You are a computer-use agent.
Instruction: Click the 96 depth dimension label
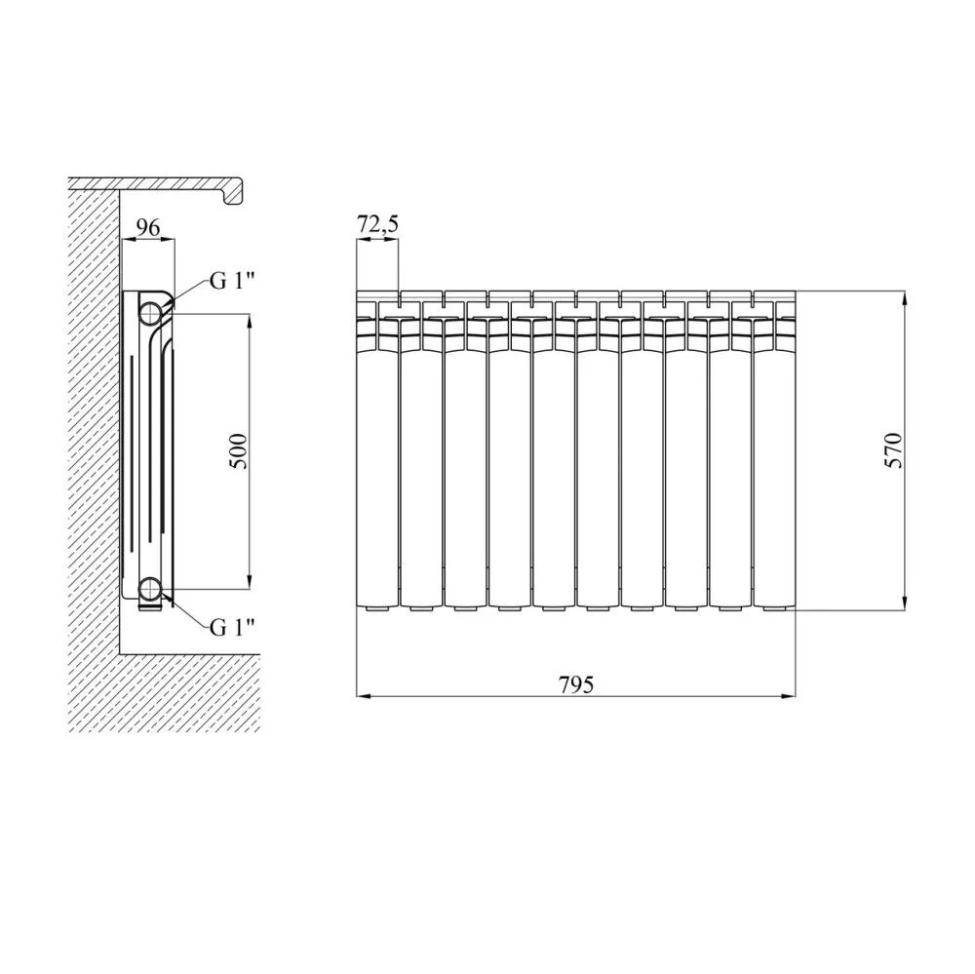148,227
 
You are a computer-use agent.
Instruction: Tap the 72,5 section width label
377,224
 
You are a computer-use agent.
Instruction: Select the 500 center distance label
240,451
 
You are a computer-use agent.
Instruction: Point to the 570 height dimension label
893,449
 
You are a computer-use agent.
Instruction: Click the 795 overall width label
576,684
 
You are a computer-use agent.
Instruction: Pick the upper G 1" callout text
233,281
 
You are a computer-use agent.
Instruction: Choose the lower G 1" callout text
233,628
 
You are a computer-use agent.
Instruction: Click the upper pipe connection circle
150,313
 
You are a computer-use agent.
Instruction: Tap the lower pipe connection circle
150,588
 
